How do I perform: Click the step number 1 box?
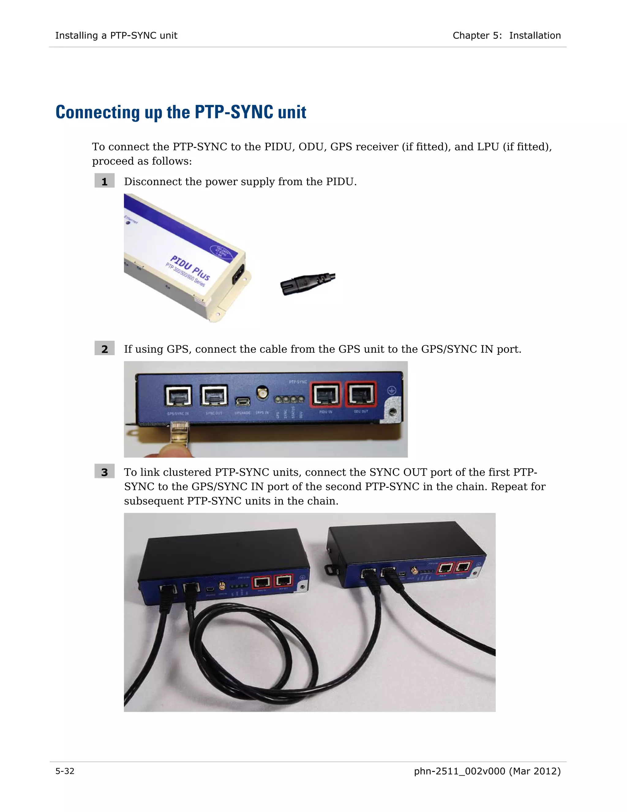[104, 181]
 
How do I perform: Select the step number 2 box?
[104, 349]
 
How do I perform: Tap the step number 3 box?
[104, 472]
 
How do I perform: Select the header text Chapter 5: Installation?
[506, 35]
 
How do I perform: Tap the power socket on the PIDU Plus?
[238, 274]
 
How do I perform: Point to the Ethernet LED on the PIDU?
[129, 222]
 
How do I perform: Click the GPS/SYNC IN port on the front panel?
[178, 395]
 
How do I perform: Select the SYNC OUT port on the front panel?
[214, 395]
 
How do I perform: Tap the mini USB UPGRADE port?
[242, 401]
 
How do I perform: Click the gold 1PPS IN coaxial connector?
[263, 392]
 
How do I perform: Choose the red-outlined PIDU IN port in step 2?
[326, 394]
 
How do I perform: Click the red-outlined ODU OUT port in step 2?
[361, 394]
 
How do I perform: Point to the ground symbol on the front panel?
[392, 390]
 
